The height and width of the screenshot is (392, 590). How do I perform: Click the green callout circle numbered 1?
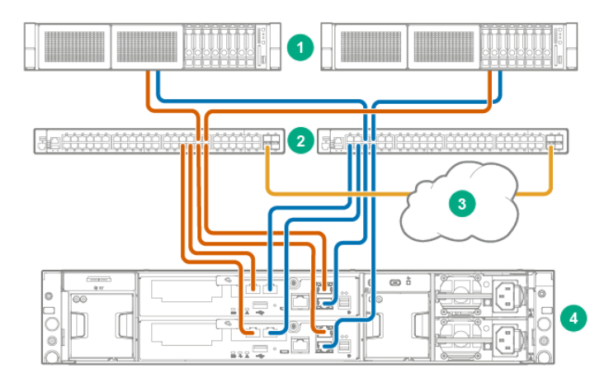coord(301,46)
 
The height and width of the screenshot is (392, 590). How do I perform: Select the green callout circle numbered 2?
coord(301,141)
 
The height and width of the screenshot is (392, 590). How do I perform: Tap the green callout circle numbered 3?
coord(460,201)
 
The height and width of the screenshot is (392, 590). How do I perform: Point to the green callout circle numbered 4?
coord(572,316)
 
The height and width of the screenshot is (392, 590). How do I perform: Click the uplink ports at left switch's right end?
coord(273,140)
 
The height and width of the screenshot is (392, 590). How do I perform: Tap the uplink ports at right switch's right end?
coord(556,140)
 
